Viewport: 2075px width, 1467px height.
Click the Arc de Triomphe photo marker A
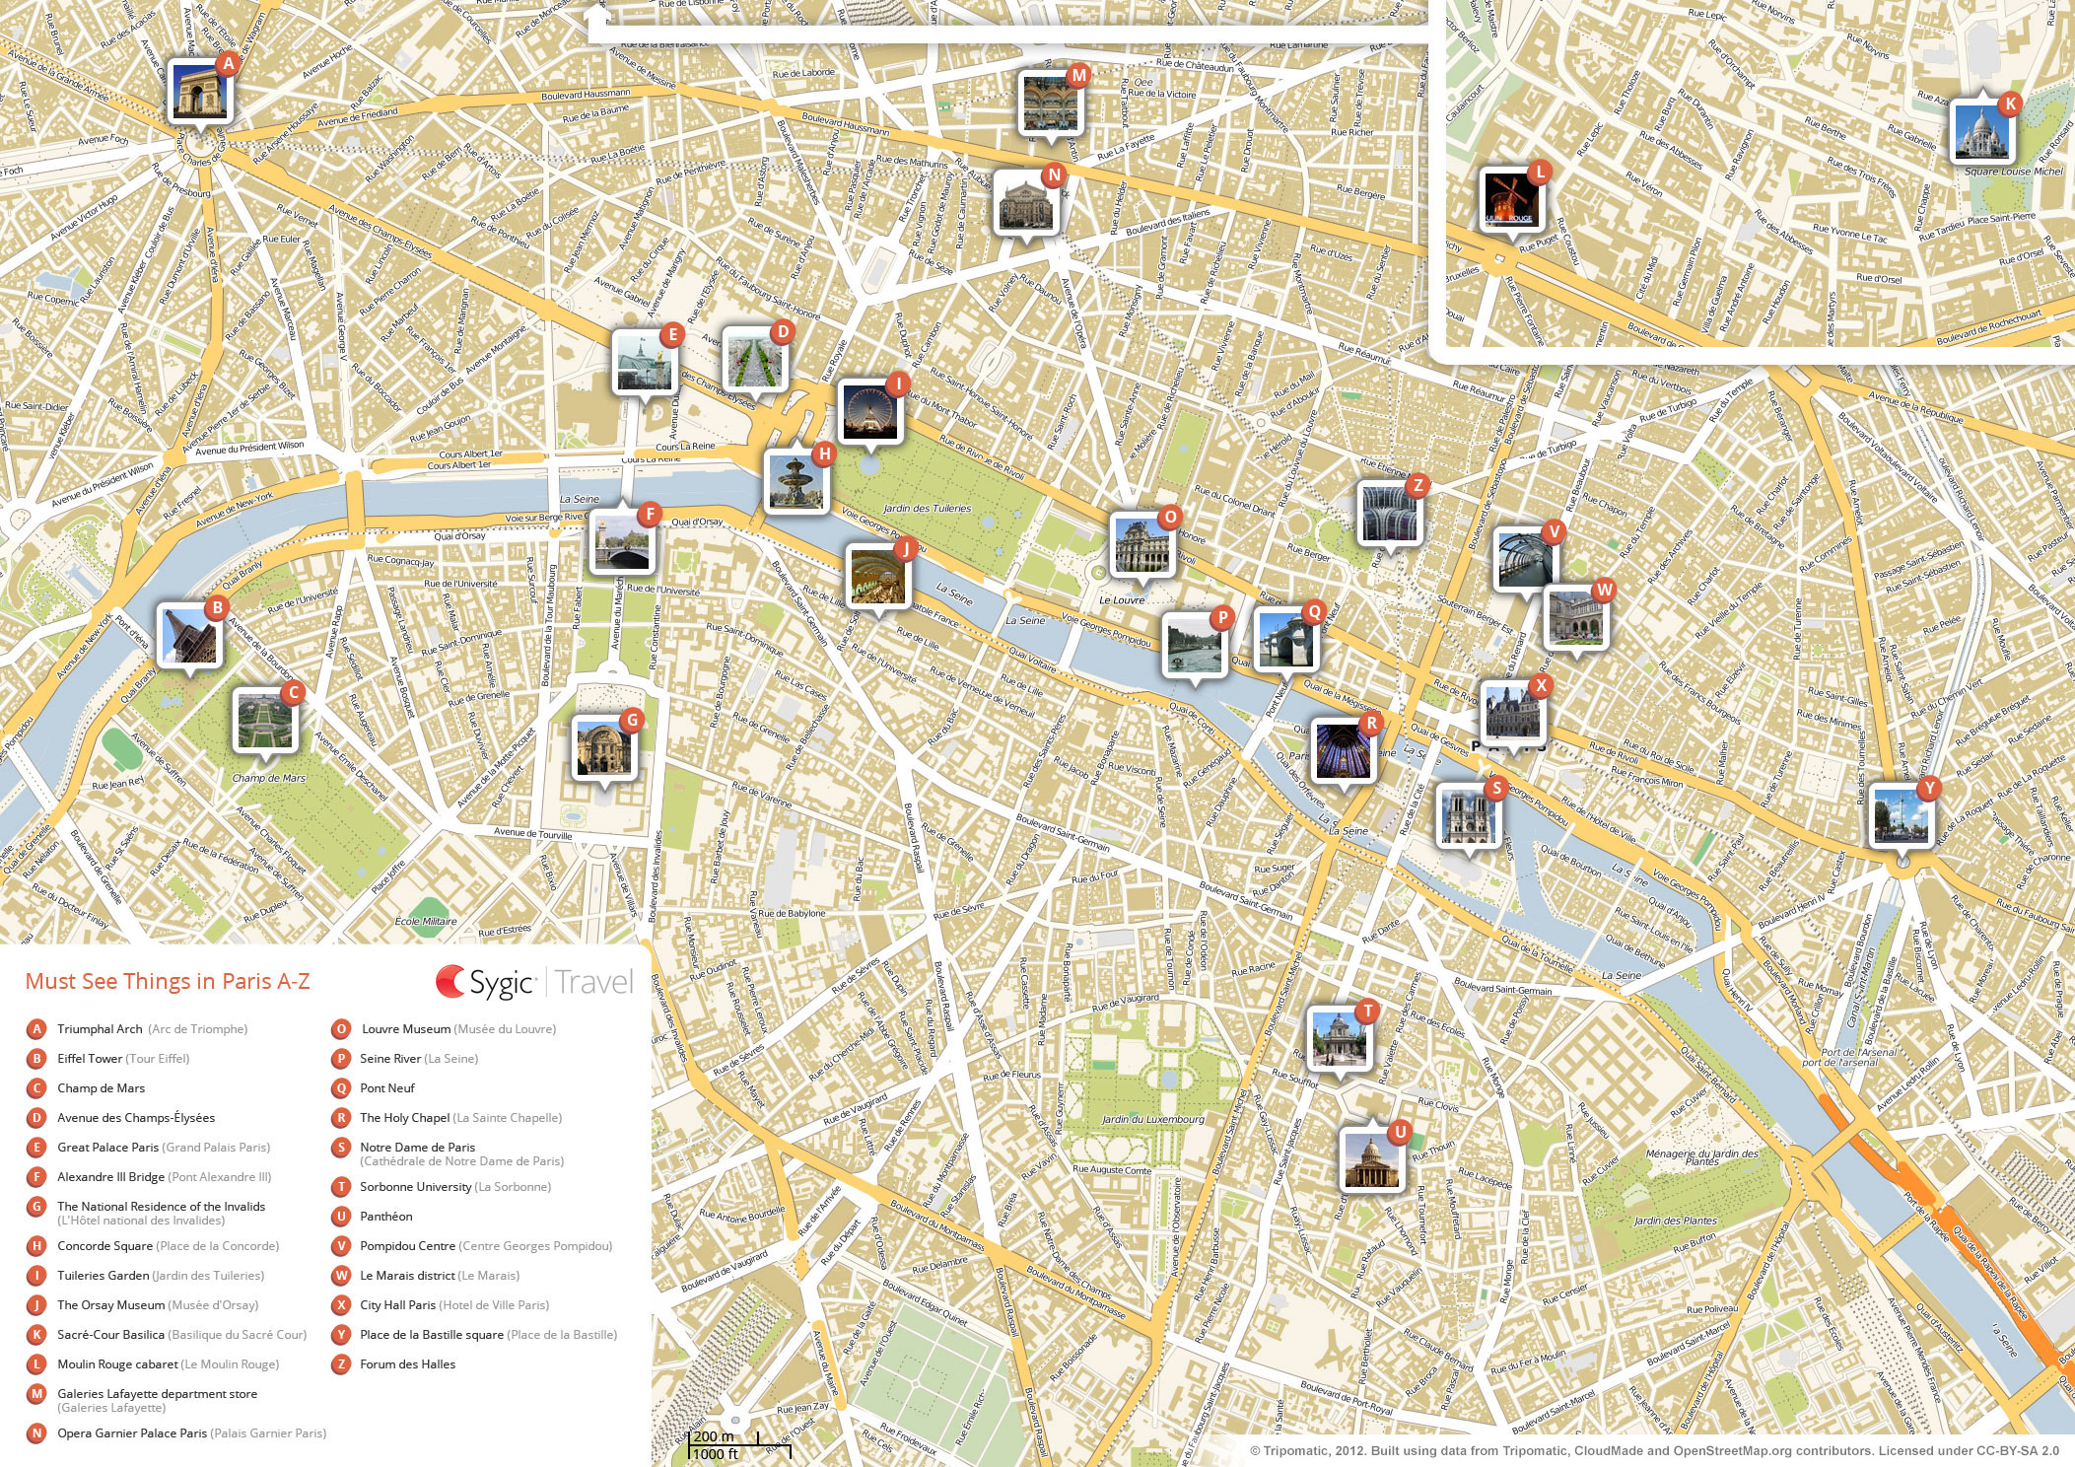click(x=200, y=92)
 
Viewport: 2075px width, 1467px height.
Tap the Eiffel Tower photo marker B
click(x=188, y=636)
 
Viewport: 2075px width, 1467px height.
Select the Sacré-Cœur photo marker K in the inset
click(x=1982, y=131)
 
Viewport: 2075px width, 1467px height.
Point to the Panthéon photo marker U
click(x=1371, y=1160)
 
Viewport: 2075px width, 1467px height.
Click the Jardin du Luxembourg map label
click(x=1152, y=1119)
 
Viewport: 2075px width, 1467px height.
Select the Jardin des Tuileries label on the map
click(x=927, y=509)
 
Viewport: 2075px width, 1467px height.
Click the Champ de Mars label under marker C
click(x=268, y=778)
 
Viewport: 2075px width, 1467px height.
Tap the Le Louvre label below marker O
click(x=1122, y=599)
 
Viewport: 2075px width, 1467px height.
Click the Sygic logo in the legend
click(x=487, y=982)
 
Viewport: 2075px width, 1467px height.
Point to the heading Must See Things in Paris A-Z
click(x=167, y=981)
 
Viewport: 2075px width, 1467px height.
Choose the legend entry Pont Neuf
click(x=386, y=1088)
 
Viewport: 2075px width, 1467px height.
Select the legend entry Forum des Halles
click(x=407, y=1364)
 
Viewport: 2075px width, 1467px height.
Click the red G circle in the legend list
click(x=36, y=1207)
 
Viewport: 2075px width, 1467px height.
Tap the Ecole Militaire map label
click(x=426, y=922)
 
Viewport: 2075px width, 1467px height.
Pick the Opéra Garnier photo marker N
click(x=1026, y=202)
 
